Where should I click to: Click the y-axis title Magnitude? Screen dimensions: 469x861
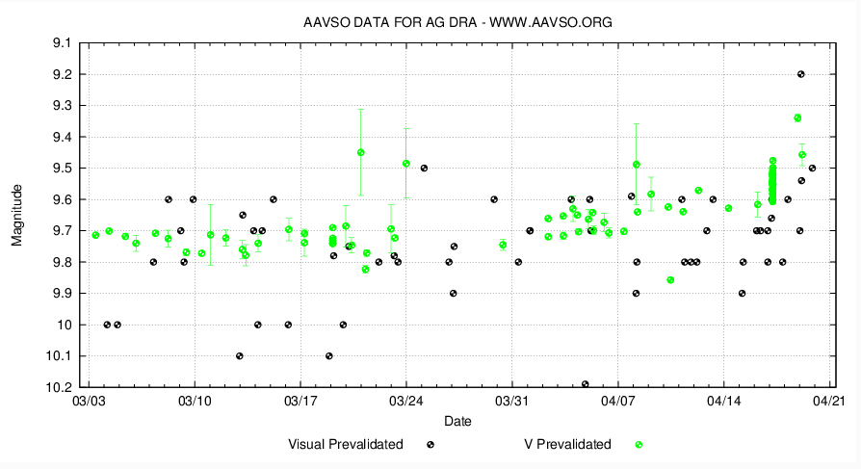[17, 215]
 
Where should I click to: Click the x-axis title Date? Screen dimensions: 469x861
[457, 421]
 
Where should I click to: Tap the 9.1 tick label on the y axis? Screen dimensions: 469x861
[63, 43]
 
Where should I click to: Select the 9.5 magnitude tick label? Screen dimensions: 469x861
[63, 169]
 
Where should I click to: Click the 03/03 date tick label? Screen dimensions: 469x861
[88, 400]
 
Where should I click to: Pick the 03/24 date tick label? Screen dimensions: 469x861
[405, 400]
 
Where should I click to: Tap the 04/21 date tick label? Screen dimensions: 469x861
[829, 400]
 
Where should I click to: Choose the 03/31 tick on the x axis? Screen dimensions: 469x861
[511, 400]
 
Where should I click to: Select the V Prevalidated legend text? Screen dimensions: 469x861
[566, 444]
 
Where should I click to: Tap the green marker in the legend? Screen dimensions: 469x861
[638, 444]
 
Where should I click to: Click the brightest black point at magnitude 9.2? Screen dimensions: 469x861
[801, 74]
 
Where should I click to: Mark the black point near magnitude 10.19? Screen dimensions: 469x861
[585, 384]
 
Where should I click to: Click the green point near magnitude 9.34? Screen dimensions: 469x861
[797, 117]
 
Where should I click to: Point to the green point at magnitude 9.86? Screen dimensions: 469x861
[670, 280]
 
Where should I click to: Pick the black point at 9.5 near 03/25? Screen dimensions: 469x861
[424, 168]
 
